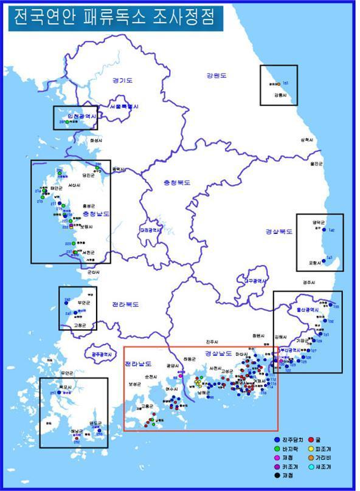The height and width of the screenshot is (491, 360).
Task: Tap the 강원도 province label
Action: point(215,76)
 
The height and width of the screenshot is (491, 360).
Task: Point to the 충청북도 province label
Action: point(176,182)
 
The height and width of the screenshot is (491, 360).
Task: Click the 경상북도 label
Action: point(279,232)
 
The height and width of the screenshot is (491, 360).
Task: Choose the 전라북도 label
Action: point(125,304)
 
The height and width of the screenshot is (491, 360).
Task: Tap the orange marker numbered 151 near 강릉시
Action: point(279,83)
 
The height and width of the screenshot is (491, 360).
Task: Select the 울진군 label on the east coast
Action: point(314,163)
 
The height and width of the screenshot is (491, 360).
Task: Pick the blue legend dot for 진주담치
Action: point(278,438)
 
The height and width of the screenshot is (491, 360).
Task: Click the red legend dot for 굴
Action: point(311,438)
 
